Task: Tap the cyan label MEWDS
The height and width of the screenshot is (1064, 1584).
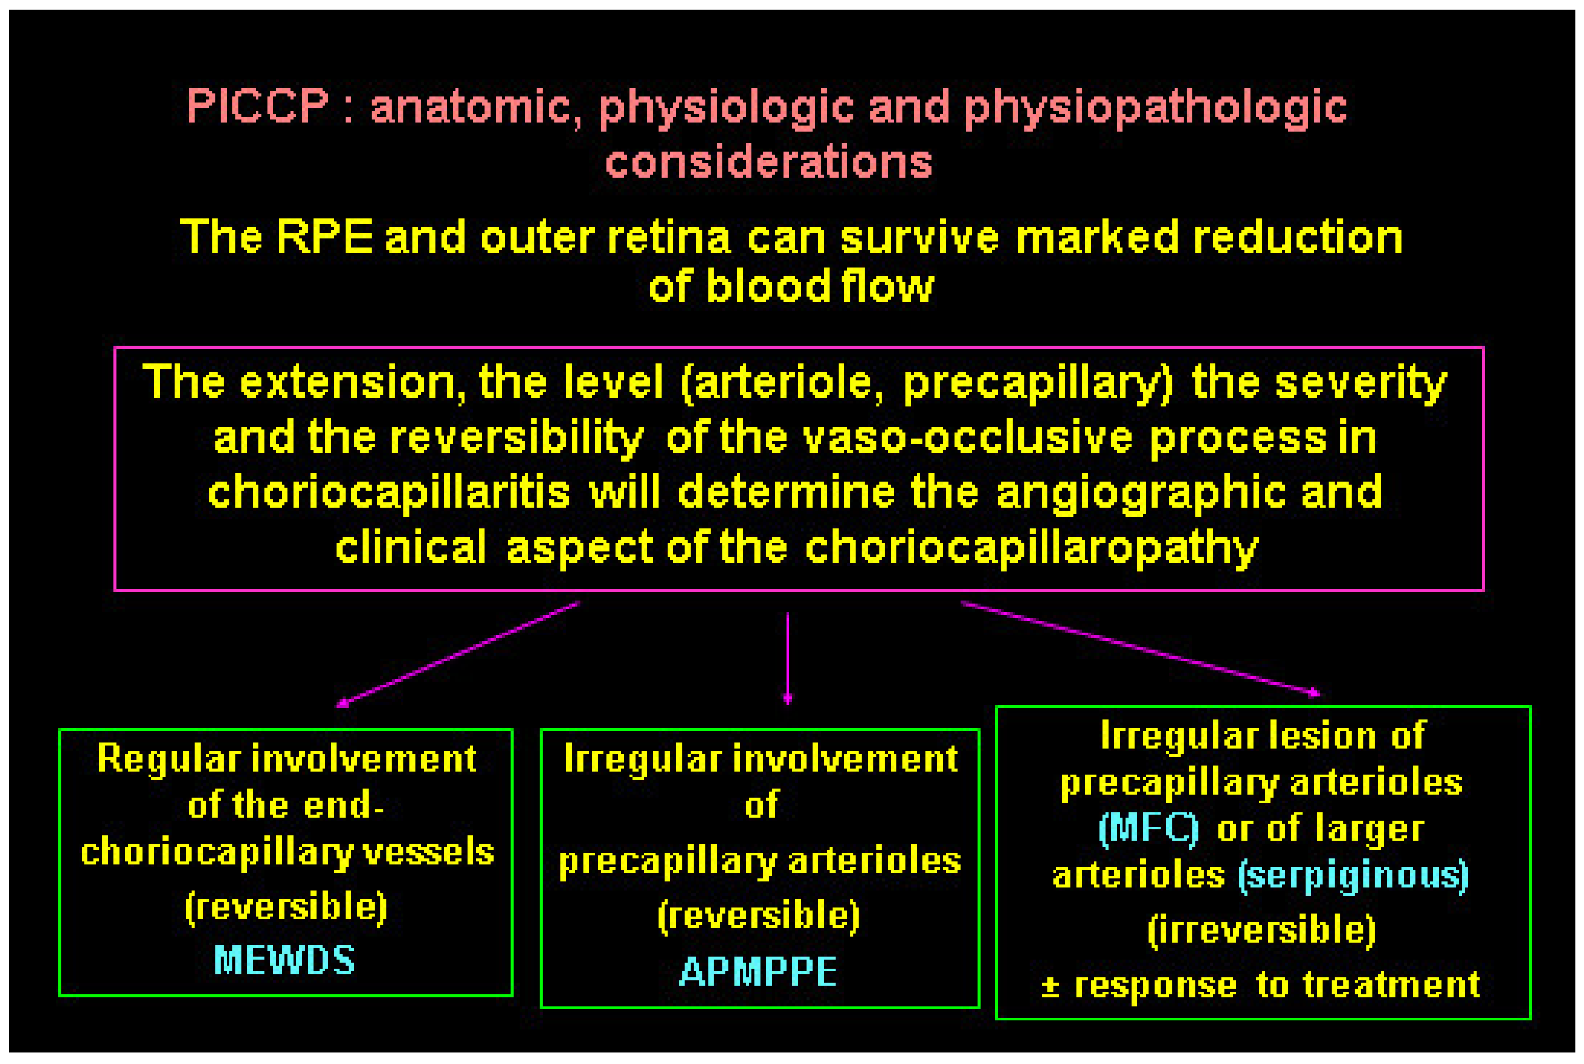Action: click(284, 960)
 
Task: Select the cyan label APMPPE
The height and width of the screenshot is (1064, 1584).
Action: click(759, 971)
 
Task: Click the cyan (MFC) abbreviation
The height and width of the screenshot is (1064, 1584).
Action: click(1148, 829)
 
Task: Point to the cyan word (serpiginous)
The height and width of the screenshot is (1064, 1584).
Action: click(1354, 875)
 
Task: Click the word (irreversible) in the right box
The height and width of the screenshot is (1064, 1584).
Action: click(1262, 930)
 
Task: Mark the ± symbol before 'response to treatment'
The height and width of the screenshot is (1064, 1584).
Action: click(1050, 986)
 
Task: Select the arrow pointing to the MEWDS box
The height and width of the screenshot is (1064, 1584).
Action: click(458, 654)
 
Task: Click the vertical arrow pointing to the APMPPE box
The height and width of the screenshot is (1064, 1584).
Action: click(788, 658)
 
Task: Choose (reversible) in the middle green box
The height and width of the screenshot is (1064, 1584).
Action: click(759, 915)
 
